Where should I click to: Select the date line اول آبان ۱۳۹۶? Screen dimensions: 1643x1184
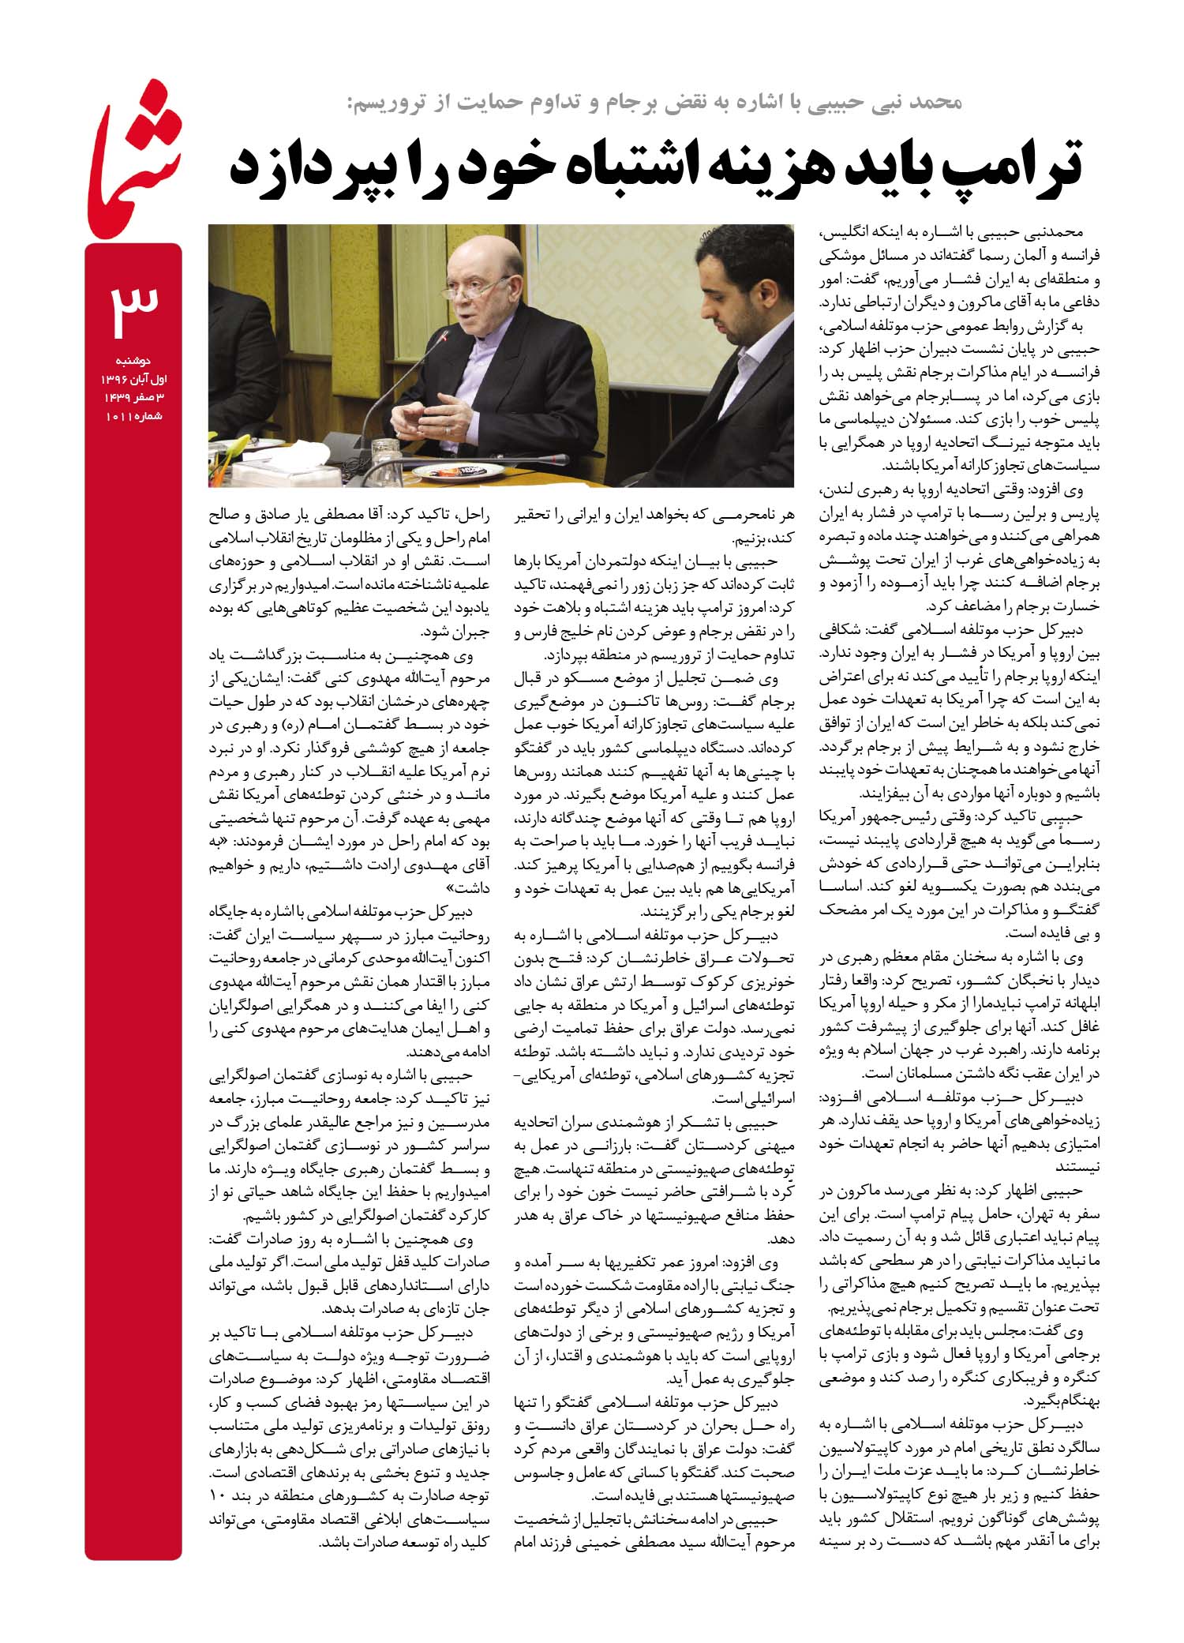coord(133,378)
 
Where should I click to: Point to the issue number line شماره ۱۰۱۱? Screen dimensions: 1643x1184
coord(133,415)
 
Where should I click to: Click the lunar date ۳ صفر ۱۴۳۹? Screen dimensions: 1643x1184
coord(133,397)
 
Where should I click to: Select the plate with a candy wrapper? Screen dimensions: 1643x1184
coord(458,471)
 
